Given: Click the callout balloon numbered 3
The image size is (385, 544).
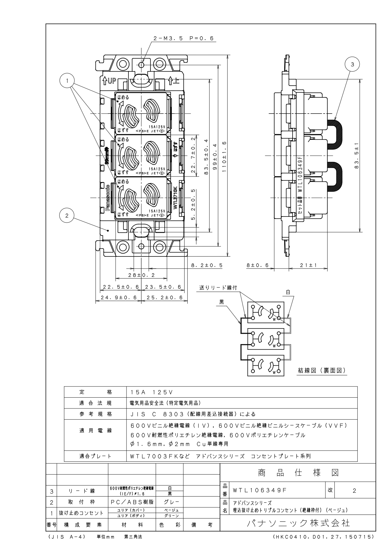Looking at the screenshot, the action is tap(352, 65).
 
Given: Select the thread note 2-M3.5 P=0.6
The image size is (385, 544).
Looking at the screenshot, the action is tap(184, 38).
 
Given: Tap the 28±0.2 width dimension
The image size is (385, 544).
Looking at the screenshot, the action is tap(141, 275).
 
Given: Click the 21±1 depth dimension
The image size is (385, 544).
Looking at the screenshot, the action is tap(304, 266).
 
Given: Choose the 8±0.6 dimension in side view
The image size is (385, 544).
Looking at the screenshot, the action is tap(259, 266).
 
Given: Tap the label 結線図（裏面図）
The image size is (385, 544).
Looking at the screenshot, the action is tap(321, 371).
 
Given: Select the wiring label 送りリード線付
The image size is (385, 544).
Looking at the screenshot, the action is tap(218, 288).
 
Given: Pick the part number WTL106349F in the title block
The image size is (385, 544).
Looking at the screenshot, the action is tap(260, 490).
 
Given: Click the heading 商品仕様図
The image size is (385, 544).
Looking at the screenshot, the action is tap(298, 473).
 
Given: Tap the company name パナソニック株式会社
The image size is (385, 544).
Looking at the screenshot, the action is tap(298, 523).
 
